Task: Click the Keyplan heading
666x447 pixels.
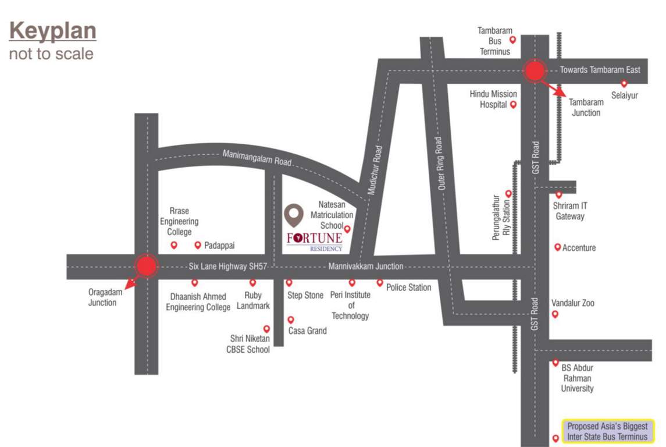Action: [x=52, y=31]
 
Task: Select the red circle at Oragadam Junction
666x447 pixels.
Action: [x=146, y=266]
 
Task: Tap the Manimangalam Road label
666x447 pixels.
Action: [x=257, y=157]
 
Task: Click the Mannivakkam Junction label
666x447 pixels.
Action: [x=365, y=266]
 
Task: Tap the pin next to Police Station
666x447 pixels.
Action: [x=380, y=283]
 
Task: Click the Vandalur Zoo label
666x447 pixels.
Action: [x=573, y=303]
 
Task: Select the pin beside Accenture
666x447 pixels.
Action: [x=557, y=247]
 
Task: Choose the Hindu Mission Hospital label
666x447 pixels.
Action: [x=493, y=100]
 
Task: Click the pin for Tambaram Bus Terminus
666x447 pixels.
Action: [x=512, y=40]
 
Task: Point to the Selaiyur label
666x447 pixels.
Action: [x=624, y=95]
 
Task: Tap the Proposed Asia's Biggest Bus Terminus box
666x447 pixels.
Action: [x=607, y=431]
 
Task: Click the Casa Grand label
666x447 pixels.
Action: [x=308, y=331]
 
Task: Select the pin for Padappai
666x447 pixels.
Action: [x=198, y=245]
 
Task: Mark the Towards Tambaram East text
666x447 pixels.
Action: [x=600, y=70]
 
